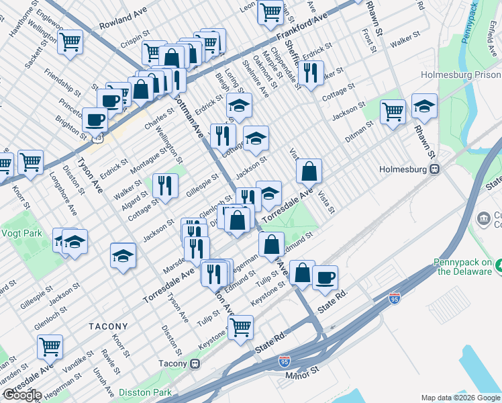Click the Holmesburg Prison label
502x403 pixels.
point(460,75)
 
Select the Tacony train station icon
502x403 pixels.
point(195,364)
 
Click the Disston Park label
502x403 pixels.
point(144,392)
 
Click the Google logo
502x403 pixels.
point(22,394)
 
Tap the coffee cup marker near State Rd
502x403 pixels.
point(325,277)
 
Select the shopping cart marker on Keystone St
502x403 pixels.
point(240,327)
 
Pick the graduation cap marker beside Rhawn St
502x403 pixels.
point(424,106)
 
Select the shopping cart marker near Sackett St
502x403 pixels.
point(70,42)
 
